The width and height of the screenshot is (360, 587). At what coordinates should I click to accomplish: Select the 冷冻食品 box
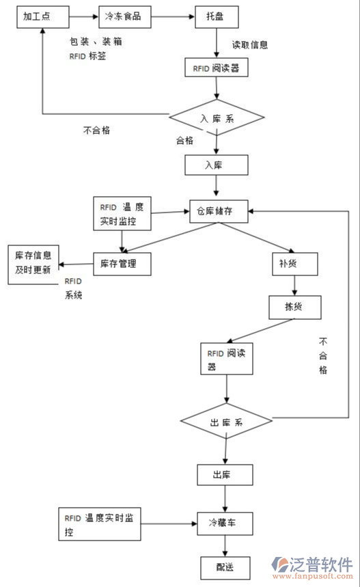click(x=124, y=16)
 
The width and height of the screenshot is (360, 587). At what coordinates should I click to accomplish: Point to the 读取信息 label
click(x=249, y=45)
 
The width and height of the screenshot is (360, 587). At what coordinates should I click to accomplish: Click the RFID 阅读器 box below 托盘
click(x=216, y=68)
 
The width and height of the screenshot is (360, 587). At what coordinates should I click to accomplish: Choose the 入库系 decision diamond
click(x=217, y=118)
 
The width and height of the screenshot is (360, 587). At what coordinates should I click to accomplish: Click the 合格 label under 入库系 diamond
click(x=184, y=141)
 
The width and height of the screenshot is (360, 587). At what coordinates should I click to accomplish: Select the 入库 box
click(x=216, y=165)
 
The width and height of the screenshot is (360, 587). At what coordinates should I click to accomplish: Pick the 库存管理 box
click(x=122, y=263)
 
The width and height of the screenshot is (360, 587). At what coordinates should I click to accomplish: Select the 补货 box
click(x=288, y=263)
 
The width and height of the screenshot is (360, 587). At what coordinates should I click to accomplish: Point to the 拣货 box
click(x=294, y=308)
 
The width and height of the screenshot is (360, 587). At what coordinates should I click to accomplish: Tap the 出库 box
click(x=225, y=475)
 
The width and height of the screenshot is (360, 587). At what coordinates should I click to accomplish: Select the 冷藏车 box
click(x=225, y=524)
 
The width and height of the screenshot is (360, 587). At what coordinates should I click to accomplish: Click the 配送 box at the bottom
click(x=225, y=568)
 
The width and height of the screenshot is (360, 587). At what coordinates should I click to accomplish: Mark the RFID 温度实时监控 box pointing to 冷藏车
click(x=98, y=525)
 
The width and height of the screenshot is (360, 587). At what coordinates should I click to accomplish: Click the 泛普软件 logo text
click(x=321, y=564)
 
